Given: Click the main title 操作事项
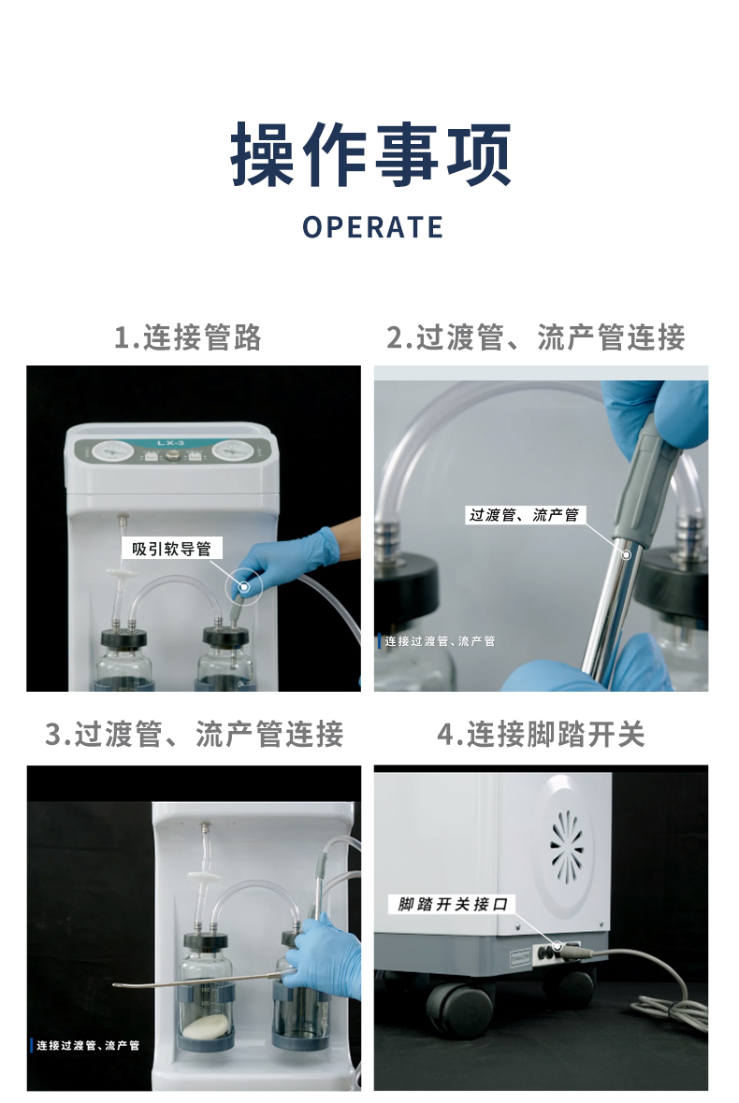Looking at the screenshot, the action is coord(371,154).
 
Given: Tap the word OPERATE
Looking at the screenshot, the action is coord(372,227).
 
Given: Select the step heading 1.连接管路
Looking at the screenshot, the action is coord(188,337).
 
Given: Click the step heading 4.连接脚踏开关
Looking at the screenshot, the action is coord(541,735).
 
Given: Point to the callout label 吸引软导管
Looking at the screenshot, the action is coord(172,549).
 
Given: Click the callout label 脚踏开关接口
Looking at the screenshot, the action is coord(453,904).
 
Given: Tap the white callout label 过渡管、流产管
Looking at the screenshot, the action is coord(525,515).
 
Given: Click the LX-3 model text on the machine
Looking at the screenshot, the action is coord(170,443).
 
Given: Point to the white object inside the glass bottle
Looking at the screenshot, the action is coord(206,1027).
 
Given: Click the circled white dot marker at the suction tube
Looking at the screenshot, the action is coord(243,586).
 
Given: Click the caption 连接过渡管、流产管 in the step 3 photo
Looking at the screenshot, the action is coord(87,1045).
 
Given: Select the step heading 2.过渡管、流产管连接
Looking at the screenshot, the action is coord(536,337).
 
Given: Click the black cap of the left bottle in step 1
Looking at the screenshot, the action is coord(123,638).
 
